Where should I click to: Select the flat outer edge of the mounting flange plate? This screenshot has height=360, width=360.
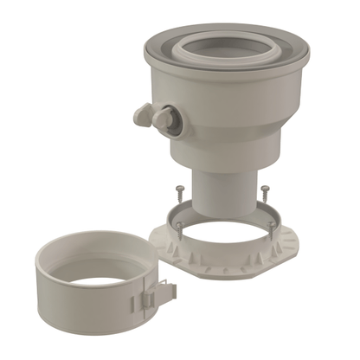tap(260, 270)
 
